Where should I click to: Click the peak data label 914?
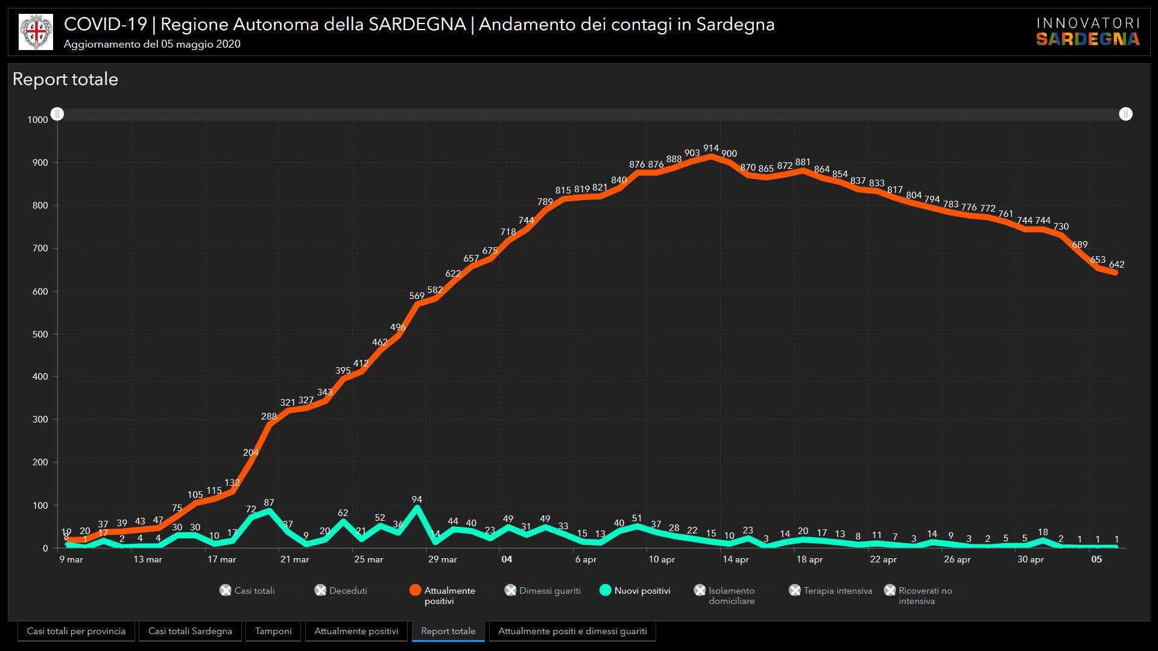(x=710, y=148)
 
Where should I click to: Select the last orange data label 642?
(x=1116, y=265)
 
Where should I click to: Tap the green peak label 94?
(x=417, y=500)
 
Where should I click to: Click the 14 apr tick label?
(x=736, y=559)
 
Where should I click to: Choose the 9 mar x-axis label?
(x=71, y=559)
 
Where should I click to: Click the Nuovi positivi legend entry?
(x=642, y=591)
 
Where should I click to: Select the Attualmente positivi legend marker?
(x=415, y=591)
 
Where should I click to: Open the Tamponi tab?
(x=273, y=631)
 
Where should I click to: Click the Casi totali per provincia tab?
(x=76, y=631)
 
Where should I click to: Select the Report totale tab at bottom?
(x=448, y=631)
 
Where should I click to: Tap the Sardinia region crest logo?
(x=36, y=32)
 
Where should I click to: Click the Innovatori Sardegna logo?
(x=1087, y=32)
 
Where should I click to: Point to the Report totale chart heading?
(x=65, y=80)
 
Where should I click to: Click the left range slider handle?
(x=57, y=114)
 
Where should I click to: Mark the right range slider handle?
(x=1125, y=114)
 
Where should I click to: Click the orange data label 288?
(x=269, y=417)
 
